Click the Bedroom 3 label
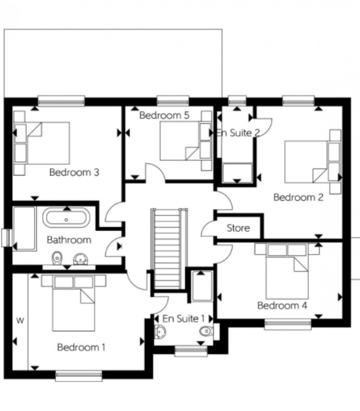click(74, 172)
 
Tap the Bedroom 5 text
click(164, 116)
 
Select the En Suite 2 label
click(238, 132)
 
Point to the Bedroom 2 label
click(298, 197)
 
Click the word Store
click(238, 228)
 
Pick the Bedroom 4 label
click(282, 305)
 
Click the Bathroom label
click(69, 240)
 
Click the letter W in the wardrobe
click(20, 321)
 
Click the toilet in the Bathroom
click(57, 258)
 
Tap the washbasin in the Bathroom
click(79, 259)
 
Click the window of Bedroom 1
click(79, 375)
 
